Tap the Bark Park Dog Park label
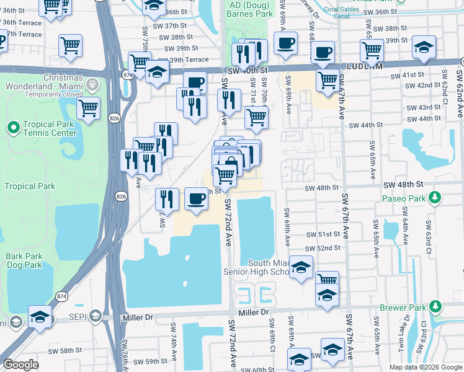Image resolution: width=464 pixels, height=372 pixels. click(24, 260)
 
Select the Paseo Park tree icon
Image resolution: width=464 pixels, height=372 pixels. click(435, 198)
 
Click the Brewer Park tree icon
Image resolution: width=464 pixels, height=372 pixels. click(435, 307)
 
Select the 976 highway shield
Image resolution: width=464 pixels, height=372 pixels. click(128, 75)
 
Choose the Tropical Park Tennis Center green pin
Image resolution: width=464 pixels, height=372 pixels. click(12, 128)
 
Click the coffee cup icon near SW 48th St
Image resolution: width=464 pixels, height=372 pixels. click(197, 199)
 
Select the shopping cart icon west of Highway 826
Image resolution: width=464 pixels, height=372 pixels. click(89, 108)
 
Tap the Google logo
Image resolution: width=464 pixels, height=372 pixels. click(20, 365)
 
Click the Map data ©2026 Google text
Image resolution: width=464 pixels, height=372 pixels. click(425, 367)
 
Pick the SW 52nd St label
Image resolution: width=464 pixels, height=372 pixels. click(324, 248)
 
